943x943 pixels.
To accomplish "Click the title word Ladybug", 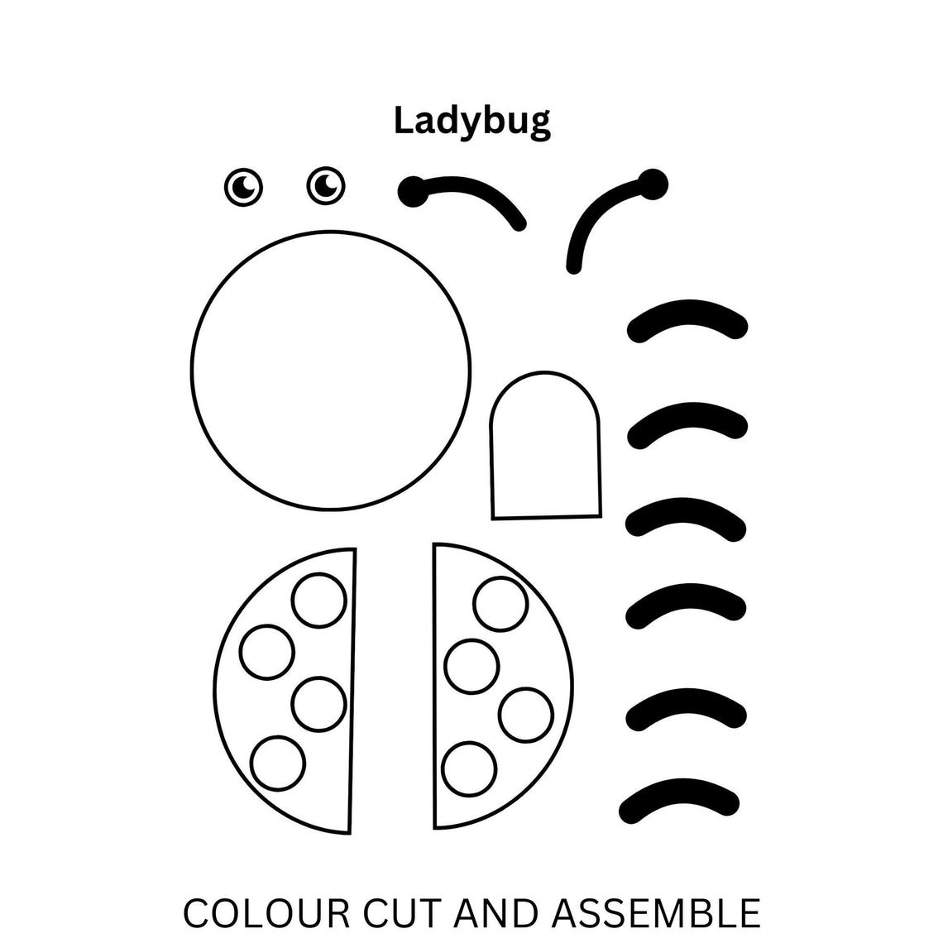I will tap(471, 121).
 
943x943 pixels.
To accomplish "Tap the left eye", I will tap(244, 188).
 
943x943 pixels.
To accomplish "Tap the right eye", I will tap(326, 185).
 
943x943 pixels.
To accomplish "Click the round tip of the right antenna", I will tap(653, 184).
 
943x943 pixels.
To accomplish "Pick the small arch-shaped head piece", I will tap(545, 447).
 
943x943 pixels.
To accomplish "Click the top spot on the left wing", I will tap(319, 601).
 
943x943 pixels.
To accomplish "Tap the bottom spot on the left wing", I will tap(278, 763).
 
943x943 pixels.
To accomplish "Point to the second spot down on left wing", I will tap(266, 652).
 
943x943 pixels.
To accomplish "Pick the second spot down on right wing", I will tap(472, 666).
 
